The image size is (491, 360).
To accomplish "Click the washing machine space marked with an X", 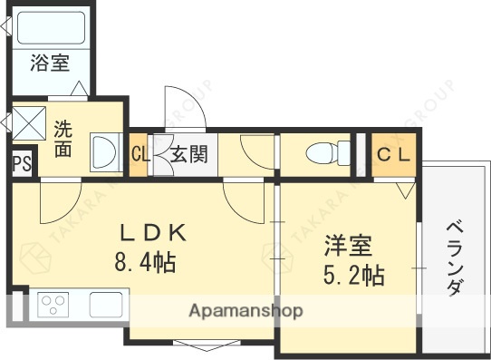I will [27, 122].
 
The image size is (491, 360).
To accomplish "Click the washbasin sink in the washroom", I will [103, 151].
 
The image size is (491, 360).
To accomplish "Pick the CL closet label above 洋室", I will [393, 154].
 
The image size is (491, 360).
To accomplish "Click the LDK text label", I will [152, 233].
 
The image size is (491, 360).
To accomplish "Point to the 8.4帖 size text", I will [145, 265].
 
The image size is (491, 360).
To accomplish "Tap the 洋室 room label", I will [348, 247].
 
